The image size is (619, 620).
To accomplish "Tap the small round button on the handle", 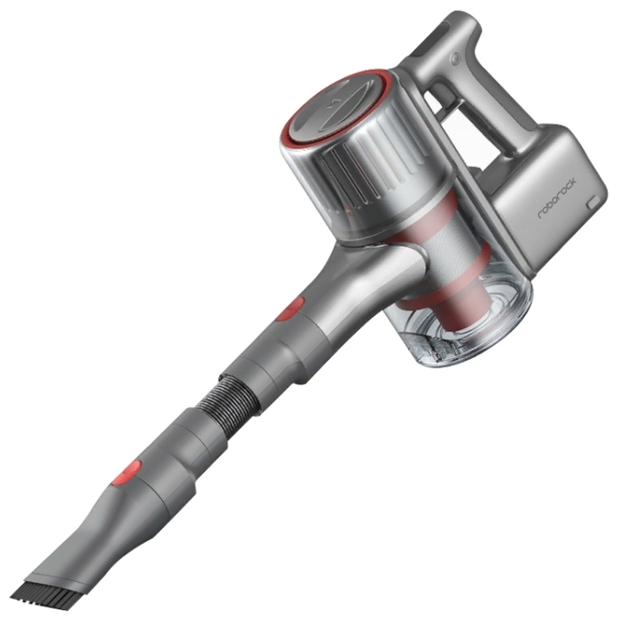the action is click(x=456, y=59).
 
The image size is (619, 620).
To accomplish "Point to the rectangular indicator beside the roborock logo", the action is click(x=593, y=202).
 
